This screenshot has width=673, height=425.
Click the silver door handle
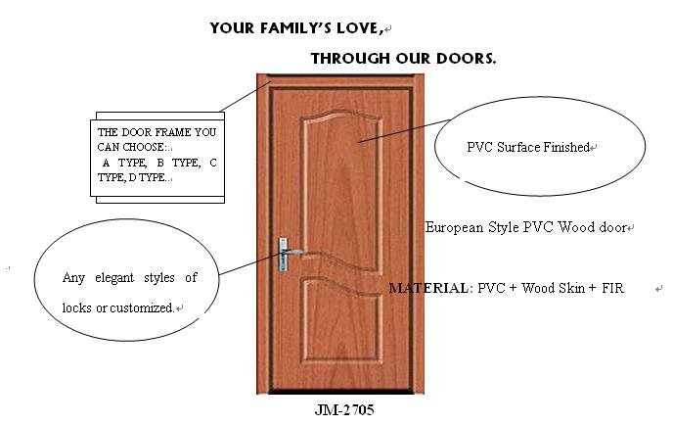point(288,255)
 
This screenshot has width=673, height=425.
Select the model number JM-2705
point(344,410)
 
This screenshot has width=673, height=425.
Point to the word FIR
point(612,288)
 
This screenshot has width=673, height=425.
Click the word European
point(454,227)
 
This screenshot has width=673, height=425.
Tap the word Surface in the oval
point(518,148)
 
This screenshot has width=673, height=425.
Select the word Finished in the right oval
point(566,148)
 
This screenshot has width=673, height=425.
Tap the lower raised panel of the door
point(343,322)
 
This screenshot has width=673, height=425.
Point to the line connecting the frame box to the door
point(246,96)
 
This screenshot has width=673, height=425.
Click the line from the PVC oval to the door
point(404,130)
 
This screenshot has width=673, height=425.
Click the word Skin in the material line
point(572,288)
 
